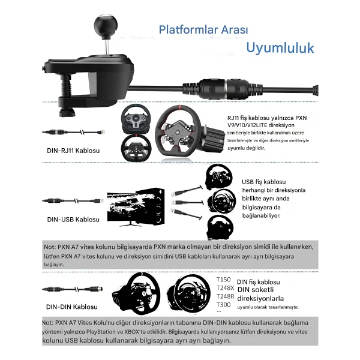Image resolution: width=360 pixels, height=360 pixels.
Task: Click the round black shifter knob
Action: (106, 25)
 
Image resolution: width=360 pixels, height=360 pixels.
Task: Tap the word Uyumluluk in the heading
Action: (280, 48)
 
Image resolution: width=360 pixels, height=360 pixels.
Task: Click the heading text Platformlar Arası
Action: (203, 29)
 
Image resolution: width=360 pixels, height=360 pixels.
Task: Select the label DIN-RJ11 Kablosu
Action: (73, 151)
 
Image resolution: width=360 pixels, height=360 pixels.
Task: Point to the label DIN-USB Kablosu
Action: (73, 220)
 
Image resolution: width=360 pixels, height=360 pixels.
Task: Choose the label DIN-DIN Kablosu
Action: (72, 307)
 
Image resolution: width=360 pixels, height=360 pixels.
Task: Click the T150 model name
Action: (223, 280)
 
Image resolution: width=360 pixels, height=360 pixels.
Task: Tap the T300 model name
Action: (223, 305)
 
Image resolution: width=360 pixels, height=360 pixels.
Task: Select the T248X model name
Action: (225, 288)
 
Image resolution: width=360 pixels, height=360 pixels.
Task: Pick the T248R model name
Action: (225, 296)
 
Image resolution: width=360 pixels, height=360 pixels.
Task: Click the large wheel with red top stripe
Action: (178, 131)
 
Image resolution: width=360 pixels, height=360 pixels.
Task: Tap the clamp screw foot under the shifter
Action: (67, 113)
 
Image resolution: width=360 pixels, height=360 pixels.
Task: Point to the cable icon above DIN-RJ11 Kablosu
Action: (73, 132)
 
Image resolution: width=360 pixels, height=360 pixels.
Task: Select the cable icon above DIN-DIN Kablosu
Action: (73, 289)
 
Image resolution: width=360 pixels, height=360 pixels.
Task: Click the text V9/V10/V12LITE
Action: (247, 125)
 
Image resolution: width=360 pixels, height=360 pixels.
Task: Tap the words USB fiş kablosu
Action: (264, 182)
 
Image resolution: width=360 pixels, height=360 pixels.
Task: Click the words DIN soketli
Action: (256, 290)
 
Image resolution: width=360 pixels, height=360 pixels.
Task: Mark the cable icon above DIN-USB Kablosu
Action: (73, 201)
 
